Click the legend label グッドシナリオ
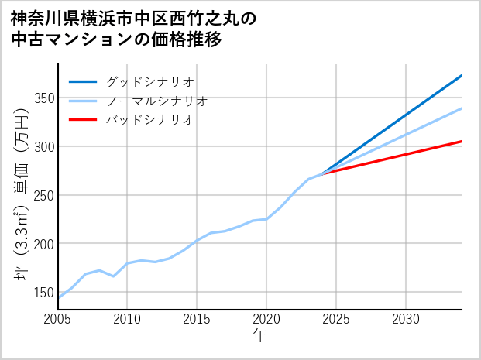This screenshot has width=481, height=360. click(x=149, y=81)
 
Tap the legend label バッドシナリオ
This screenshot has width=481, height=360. click(x=149, y=120)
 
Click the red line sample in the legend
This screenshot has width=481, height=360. click(x=83, y=120)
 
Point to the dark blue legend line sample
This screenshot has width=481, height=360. click(x=83, y=81)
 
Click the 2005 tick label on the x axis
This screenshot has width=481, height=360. click(x=58, y=319)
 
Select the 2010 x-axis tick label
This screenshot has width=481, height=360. click(x=128, y=319)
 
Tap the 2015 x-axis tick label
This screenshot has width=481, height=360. click(x=198, y=319)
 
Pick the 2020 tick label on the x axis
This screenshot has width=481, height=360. click(x=266, y=319)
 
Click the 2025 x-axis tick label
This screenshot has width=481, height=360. click(x=336, y=319)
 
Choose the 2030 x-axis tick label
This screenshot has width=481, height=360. click(x=406, y=319)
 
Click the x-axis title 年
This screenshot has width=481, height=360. click(x=260, y=336)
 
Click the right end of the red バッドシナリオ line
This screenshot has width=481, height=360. click(x=461, y=142)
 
